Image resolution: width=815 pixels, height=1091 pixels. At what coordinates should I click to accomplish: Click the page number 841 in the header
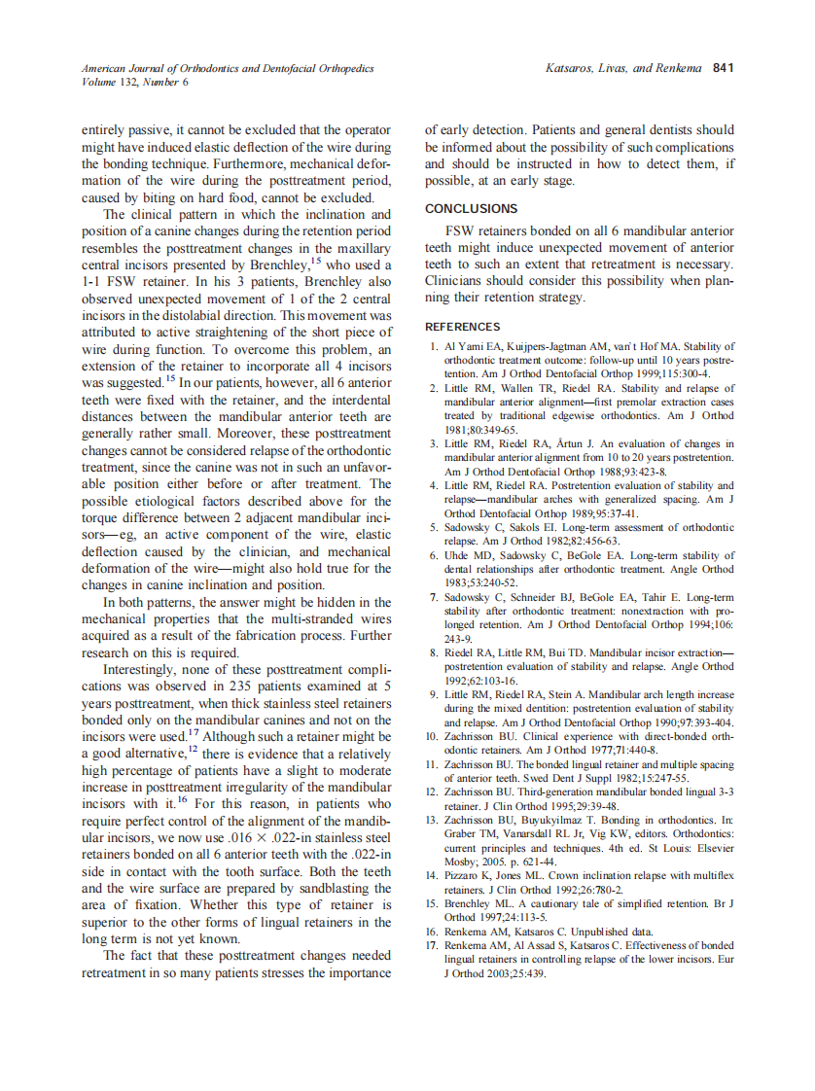pos(723,69)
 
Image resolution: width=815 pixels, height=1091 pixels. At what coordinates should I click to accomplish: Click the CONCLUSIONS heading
pos(472,209)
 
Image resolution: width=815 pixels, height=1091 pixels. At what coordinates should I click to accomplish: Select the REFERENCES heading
pos(463,327)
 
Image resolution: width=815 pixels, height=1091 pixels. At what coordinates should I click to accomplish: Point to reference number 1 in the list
pos(433,346)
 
